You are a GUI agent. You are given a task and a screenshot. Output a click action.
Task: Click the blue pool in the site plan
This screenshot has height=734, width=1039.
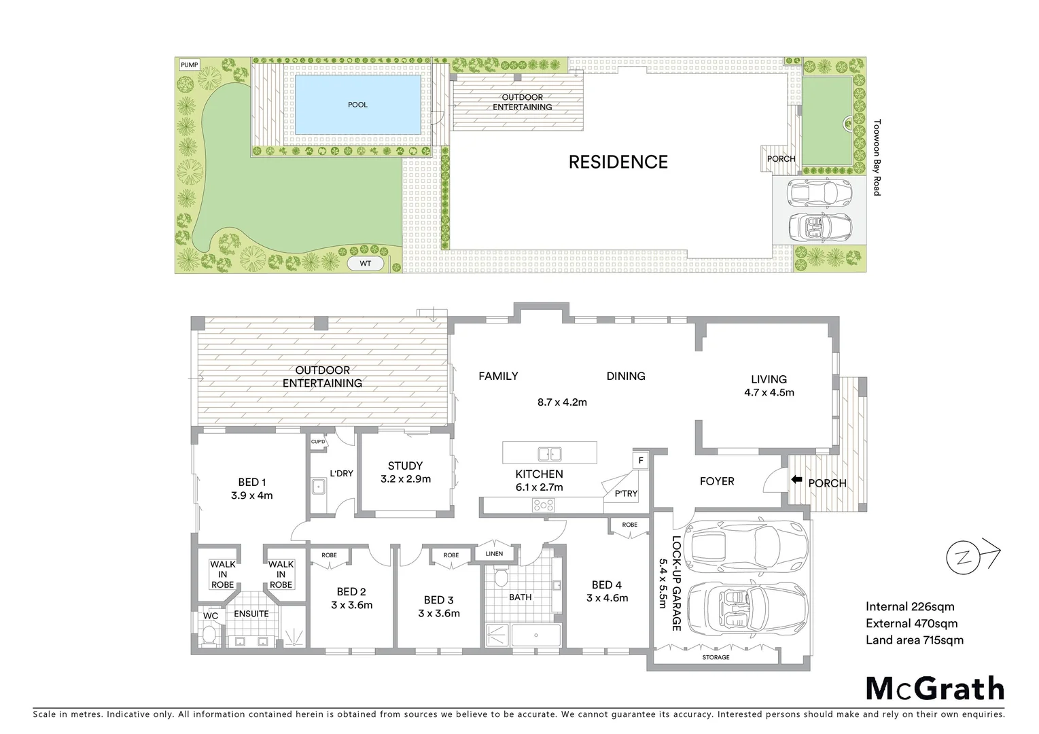click(x=357, y=104)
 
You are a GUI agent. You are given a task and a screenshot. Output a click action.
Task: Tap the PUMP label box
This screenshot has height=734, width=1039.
click(x=190, y=65)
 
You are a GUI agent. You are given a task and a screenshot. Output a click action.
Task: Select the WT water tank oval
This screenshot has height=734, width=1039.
click(x=366, y=263)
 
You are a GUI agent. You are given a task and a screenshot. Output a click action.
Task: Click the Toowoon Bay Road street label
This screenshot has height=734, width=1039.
click(x=877, y=158)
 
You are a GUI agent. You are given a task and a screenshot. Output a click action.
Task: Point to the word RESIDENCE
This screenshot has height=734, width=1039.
click(x=618, y=162)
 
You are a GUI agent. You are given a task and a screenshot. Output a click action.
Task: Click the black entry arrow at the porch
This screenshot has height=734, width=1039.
click(x=796, y=480)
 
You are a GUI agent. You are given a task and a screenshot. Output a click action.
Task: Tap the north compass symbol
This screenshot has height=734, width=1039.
click(x=964, y=557)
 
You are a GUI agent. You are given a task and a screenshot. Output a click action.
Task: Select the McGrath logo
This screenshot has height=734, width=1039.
click(x=934, y=688)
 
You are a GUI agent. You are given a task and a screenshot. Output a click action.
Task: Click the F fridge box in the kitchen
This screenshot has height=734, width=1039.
click(x=640, y=461)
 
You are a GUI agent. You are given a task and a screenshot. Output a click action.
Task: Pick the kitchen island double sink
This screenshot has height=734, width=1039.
click(x=548, y=453)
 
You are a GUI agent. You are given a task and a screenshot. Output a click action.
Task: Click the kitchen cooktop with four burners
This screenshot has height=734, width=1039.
click(x=544, y=505)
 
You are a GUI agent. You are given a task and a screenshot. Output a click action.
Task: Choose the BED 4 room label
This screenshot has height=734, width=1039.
click(x=606, y=584)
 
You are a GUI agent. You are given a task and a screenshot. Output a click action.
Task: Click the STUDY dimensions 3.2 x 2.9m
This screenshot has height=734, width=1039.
click(x=405, y=478)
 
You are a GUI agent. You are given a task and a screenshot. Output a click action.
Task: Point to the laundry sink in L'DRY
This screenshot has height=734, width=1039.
click(x=318, y=487)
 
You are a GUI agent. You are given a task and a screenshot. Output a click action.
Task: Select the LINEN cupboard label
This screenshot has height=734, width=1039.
click(x=494, y=554)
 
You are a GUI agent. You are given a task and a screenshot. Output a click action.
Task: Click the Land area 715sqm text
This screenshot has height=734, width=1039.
click(x=914, y=640)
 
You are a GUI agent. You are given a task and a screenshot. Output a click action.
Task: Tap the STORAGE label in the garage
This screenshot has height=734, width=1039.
click(x=716, y=657)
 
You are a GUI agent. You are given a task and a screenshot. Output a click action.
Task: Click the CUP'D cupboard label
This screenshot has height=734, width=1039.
click(x=318, y=442)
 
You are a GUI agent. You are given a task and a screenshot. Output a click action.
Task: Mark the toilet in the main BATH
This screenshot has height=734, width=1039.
click(x=501, y=578)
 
